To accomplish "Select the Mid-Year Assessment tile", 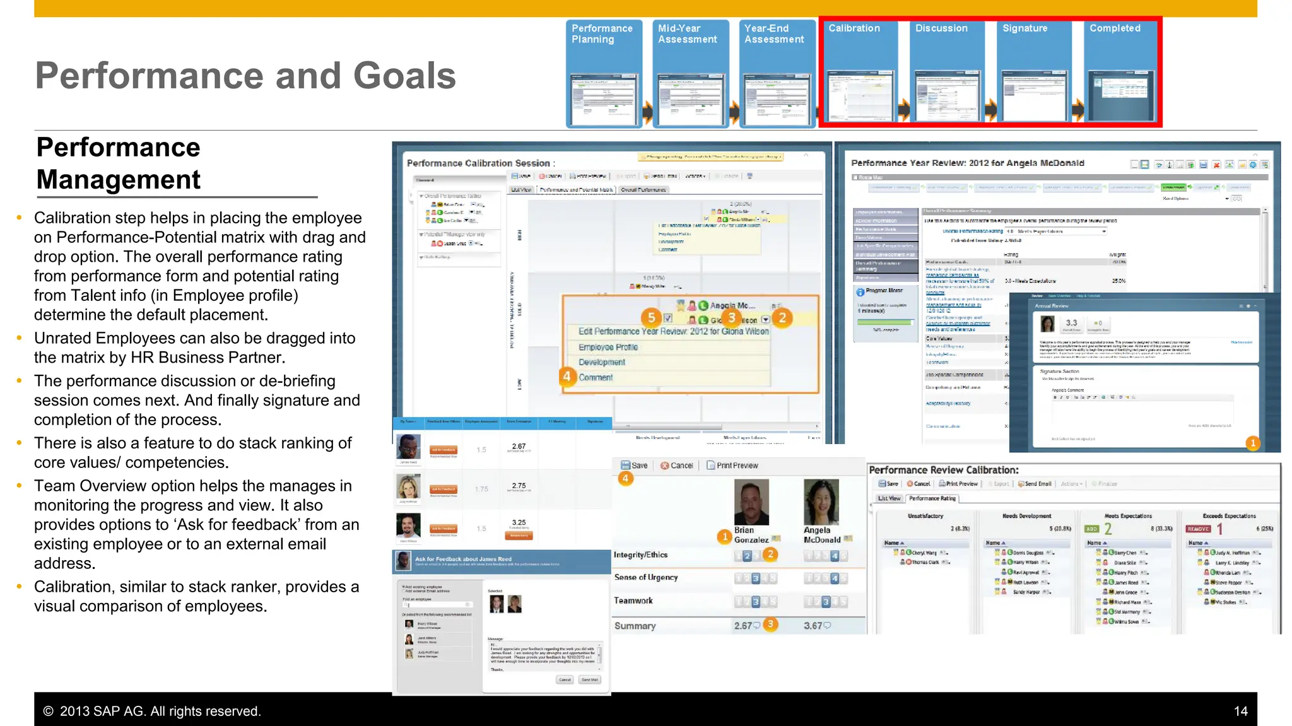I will click(690, 73).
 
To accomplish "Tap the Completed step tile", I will click(1120, 73).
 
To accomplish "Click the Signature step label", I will click(1025, 28).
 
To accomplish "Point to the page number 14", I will click(1240, 711).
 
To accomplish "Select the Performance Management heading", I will click(119, 163).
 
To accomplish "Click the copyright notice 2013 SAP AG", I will click(151, 711).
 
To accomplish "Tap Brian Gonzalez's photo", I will click(751, 502).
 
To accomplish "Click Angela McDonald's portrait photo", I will click(821, 502).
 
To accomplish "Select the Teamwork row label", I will click(633, 600).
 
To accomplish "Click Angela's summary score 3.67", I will click(813, 626).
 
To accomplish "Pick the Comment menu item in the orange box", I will click(596, 377).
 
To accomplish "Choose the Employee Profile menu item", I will click(608, 347).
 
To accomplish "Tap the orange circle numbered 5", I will click(651, 317).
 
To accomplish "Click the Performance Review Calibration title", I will click(943, 470).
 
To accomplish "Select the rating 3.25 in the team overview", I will click(519, 522).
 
